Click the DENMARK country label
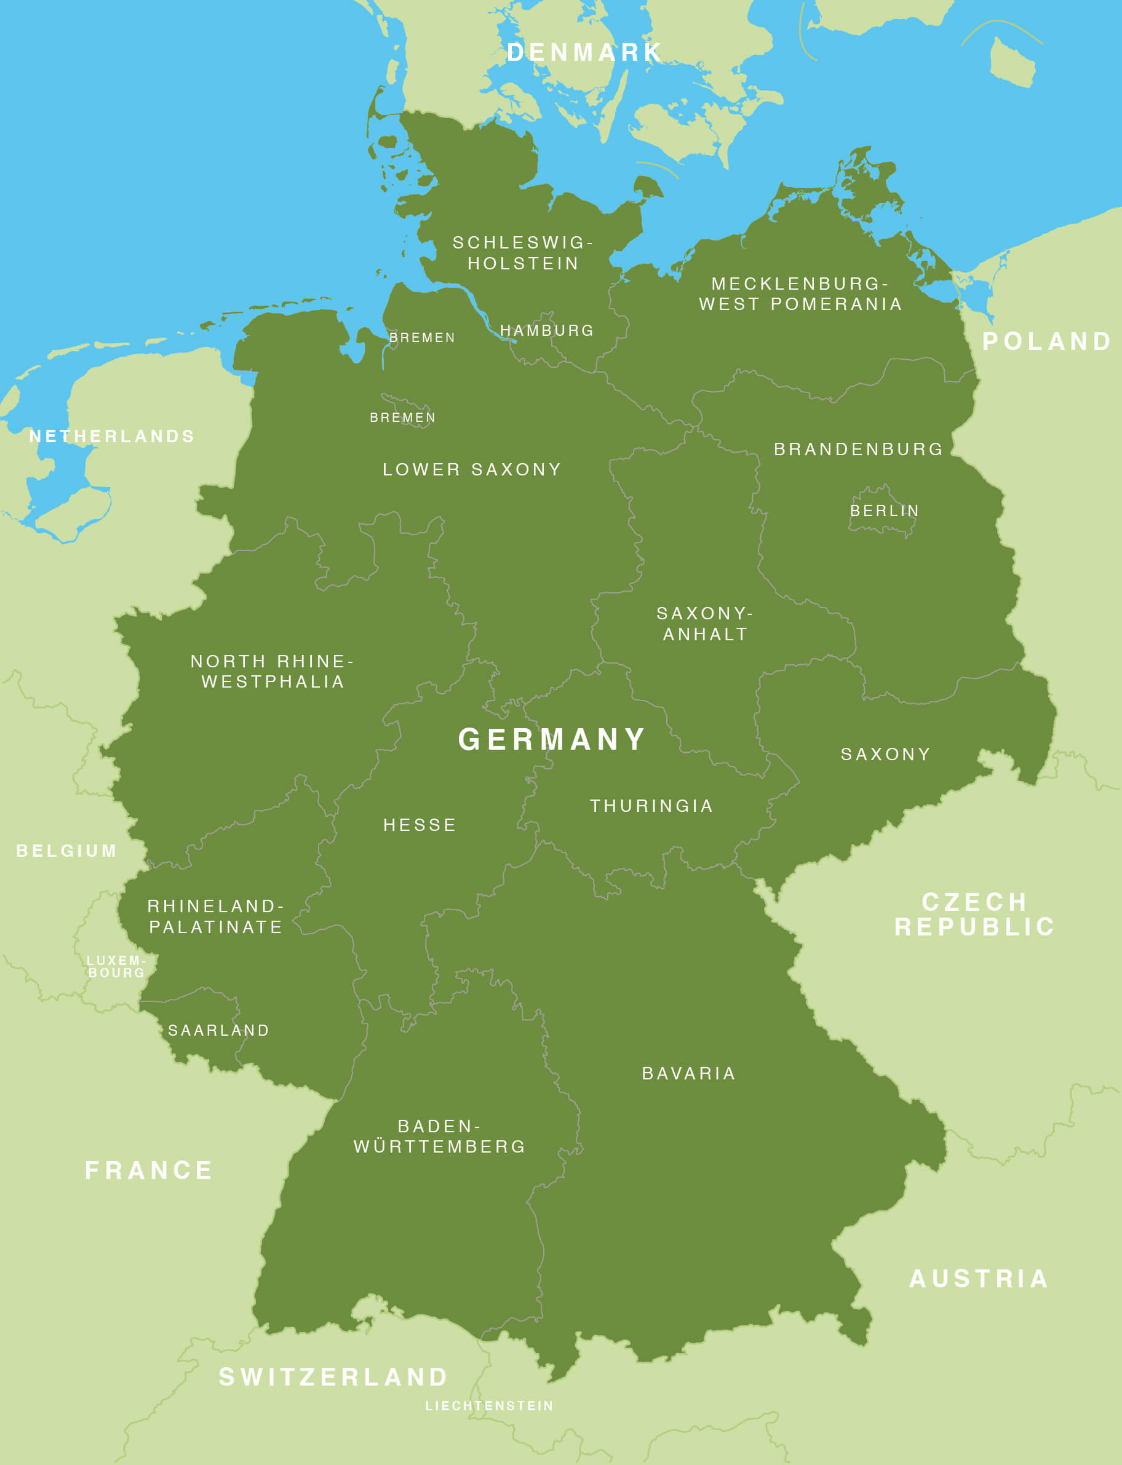584,52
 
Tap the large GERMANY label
552,739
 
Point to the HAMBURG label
547,330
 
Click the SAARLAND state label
218,1030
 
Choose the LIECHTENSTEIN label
490,1405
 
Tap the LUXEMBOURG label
116,966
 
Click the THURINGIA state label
651,805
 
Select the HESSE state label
420,825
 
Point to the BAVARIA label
688,1073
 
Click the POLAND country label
1046,341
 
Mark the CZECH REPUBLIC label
974,914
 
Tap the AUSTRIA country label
979,1279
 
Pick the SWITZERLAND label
333,1376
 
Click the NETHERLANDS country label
112,436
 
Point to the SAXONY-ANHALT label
704,623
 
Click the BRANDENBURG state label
858,449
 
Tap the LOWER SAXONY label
472,469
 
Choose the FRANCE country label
149,1170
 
